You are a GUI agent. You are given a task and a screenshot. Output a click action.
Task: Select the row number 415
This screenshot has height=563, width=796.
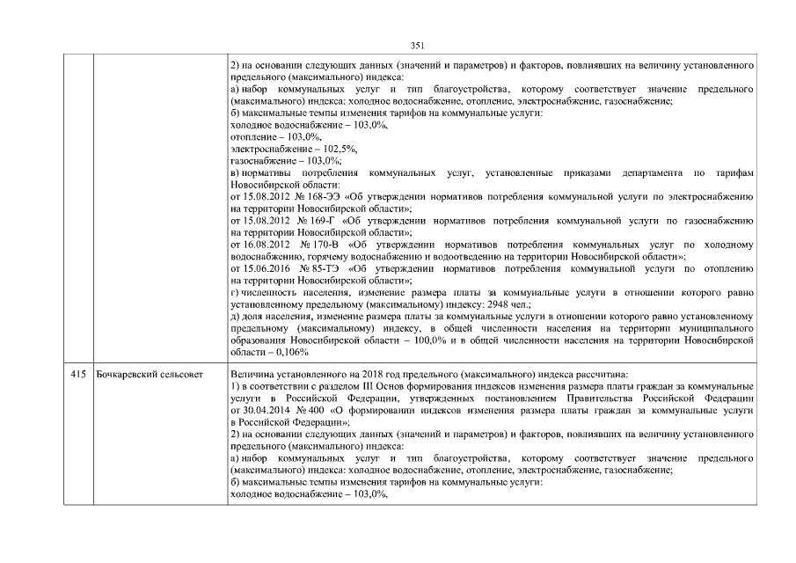coord(79,375)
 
